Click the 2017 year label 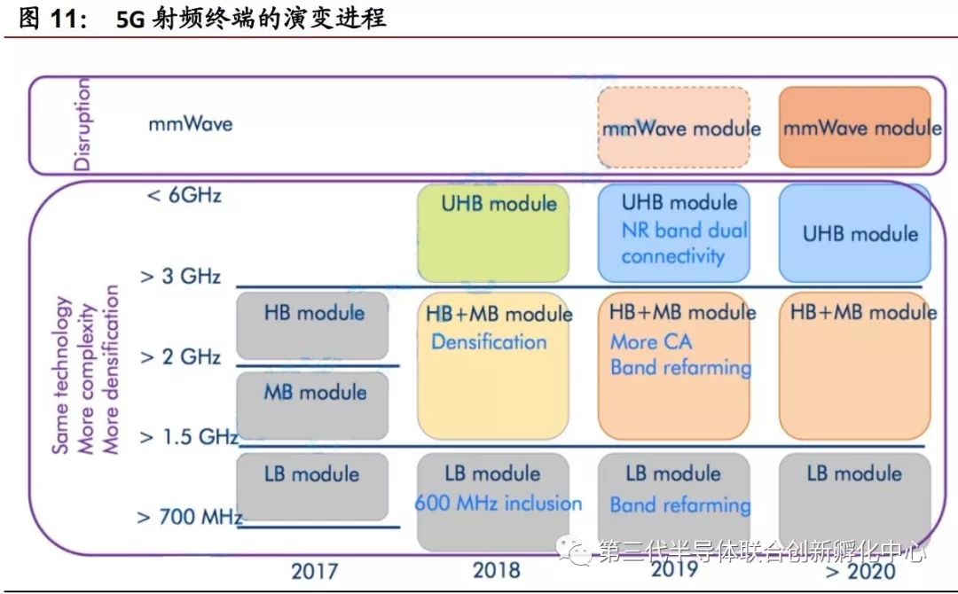(314, 569)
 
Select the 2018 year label (496, 568)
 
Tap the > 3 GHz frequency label (180, 276)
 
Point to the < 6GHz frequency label (184, 195)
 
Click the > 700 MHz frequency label (189, 516)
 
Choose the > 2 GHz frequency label (180, 357)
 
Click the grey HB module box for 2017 (313, 325)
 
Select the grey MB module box (313, 405)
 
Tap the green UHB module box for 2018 (492, 233)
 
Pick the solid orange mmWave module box (855, 128)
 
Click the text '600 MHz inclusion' (499, 504)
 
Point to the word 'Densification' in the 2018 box (489, 341)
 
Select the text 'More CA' (651, 341)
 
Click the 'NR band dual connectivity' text (684, 243)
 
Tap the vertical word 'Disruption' (82, 124)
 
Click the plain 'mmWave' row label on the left (190, 123)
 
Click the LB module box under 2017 (313, 487)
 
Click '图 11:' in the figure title (52, 19)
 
